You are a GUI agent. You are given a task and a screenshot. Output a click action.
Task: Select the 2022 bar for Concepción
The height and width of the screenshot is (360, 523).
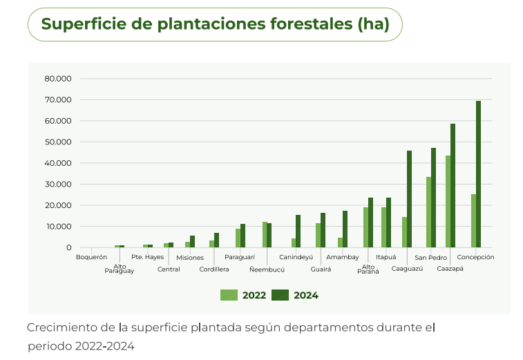pyautogui.click(x=473, y=220)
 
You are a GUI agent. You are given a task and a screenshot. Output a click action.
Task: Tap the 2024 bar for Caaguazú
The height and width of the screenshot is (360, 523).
pyautogui.click(x=409, y=199)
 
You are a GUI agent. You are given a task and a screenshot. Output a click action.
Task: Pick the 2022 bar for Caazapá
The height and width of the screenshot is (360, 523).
pyautogui.click(x=448, y=201)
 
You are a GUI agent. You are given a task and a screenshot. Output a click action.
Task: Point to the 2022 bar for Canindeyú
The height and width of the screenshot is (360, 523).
pyautogui.click(x=293, y=243)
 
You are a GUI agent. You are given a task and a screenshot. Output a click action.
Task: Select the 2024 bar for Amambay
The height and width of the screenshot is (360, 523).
pyautogui.click(x=345, y=229)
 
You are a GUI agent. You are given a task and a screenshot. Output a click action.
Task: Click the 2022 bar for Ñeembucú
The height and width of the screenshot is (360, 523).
pyautogui.click(x=264, y=234)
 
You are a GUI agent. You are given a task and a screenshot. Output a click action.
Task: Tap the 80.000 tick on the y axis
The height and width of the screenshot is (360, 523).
pyautogui.click(x=58, y=79)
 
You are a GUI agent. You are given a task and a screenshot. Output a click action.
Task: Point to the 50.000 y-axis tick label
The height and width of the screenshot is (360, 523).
pyautogui.click(x=58, y=142)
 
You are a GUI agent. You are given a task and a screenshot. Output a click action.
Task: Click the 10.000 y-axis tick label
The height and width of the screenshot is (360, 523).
pyautogui.click(x=58, y=227)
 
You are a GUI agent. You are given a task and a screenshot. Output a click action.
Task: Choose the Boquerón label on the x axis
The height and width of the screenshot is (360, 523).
pyautogui.click(x=91, y=257)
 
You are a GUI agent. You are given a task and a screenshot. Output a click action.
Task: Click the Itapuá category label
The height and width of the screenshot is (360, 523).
pyautogui.click(x=386, y=257)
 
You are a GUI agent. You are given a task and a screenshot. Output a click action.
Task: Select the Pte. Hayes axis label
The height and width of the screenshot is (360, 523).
pyautogui.click(x=147, y=257)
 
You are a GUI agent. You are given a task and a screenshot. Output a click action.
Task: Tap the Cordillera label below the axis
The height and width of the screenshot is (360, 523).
pyautogui.click(x=214, y=269)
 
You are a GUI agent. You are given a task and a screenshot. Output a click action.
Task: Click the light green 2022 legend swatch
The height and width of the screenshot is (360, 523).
pyautogui.click(x=229, y=295)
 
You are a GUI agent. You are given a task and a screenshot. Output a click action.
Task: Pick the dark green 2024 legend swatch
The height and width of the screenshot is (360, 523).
pyautogui.click(x=280, y=295)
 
